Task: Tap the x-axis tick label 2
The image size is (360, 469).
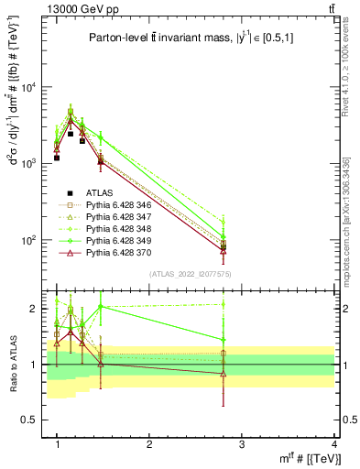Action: (x=149, y=444)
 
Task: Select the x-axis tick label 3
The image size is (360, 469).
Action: (x=242, y=444)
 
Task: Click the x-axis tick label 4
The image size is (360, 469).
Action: (x=333, y=444)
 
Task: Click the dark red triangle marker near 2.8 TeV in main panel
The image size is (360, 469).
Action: (x=224, y=250)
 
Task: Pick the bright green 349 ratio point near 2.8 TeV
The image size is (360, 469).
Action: (x=224, y=340)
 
